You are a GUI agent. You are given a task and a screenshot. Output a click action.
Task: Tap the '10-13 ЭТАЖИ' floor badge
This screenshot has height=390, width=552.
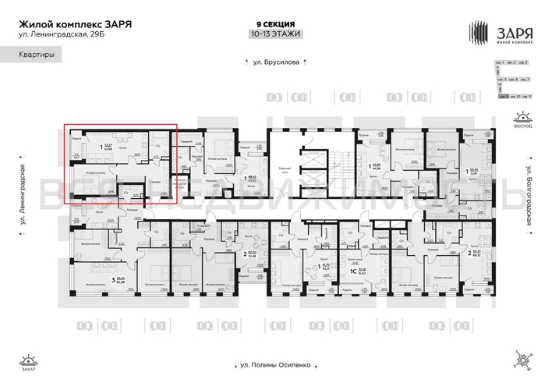coord(276,34)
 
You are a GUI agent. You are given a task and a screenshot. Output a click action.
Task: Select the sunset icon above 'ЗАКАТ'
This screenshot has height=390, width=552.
coord(30,360)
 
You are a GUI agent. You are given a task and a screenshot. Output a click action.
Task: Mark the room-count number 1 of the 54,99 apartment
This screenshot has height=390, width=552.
coord(100,144)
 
